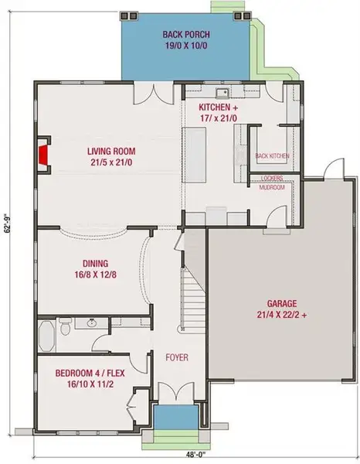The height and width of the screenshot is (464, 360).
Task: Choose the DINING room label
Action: tap(93, 262)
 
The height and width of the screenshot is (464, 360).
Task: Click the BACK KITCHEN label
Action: tap(272, 156)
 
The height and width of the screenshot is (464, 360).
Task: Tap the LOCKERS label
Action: tap(271, 177)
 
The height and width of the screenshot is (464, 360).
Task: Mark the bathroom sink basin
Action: tap(92, 323)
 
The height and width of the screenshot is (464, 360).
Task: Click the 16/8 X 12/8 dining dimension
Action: tap(93, 275)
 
